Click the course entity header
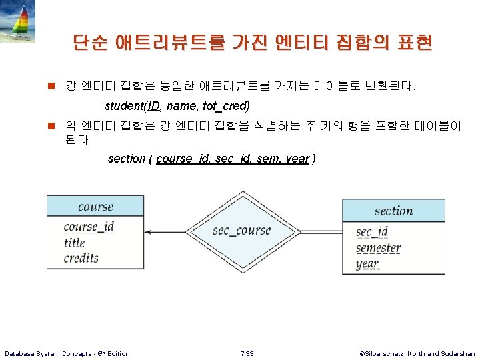pyautogui.click(x=95, y=207)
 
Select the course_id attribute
pyautogui.click(x=89, y=227)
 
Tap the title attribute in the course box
pyautogui.click(x=75, y=243)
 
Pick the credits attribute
pyautogui.click(x=81, y=258)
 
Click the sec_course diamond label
pyautogui.click(x=241, y=231)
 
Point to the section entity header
pyautogui.click(x=393, y=211)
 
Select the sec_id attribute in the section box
pyautogui.click(x=371, y=232)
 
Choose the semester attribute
pyautogui.click(x=378, y=248)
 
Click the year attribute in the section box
pyautogui.click(x=367, y=263)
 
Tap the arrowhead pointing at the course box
pyautogui.click(x=149, y=232)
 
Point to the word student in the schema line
pyautogui.click(x=124, y=106)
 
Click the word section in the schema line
pyautogui.click(x=127, y=159)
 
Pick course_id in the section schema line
pyautogui.click(x=183, y=159)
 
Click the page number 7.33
pyautogui.click(x=247, y=353)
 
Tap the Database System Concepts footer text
pyautogui.click(x=67, y=353)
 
